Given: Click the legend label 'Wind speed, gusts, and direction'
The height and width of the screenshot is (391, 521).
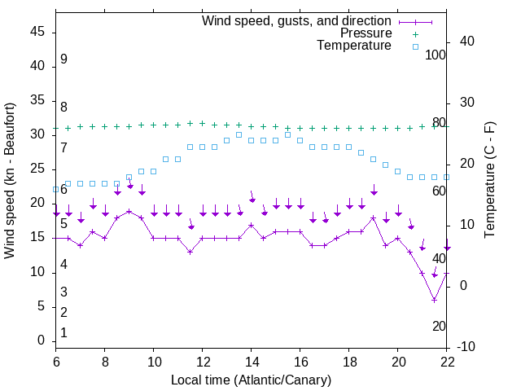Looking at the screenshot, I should point(296,20).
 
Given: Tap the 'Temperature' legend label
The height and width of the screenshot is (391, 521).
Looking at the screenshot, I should point(354,46).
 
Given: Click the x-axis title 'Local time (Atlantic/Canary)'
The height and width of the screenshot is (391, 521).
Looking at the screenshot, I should point(251,380).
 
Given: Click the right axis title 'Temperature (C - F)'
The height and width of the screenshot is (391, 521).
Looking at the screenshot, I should point(489,179).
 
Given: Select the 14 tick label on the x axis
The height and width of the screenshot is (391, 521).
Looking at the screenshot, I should point(251,362).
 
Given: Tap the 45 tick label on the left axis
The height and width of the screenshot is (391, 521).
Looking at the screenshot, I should point(37,32).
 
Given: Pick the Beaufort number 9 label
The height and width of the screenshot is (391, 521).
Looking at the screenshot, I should point(63,59).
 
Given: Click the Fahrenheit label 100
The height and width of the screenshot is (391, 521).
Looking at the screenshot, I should point(436,55).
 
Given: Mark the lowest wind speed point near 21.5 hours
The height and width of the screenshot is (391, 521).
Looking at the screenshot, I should point(435,300).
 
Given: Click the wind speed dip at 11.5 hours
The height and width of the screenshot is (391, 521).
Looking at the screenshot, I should point(190,252).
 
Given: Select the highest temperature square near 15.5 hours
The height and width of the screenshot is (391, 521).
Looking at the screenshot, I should point(288,134).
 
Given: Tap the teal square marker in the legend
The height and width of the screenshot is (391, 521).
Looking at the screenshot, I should point(415,46).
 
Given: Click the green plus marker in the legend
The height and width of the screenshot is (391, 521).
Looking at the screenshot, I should point(415,33).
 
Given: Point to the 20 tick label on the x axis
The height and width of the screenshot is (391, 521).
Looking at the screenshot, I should point(398,362).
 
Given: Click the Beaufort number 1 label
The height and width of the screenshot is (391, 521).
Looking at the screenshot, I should point(63,332).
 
